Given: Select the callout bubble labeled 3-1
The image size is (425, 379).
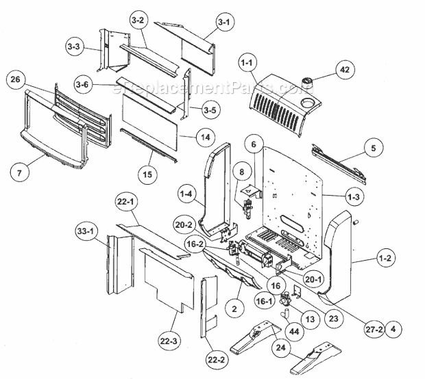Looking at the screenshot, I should pos(223,23).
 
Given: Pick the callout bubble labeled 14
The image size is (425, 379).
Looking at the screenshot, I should pos(204,137).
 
